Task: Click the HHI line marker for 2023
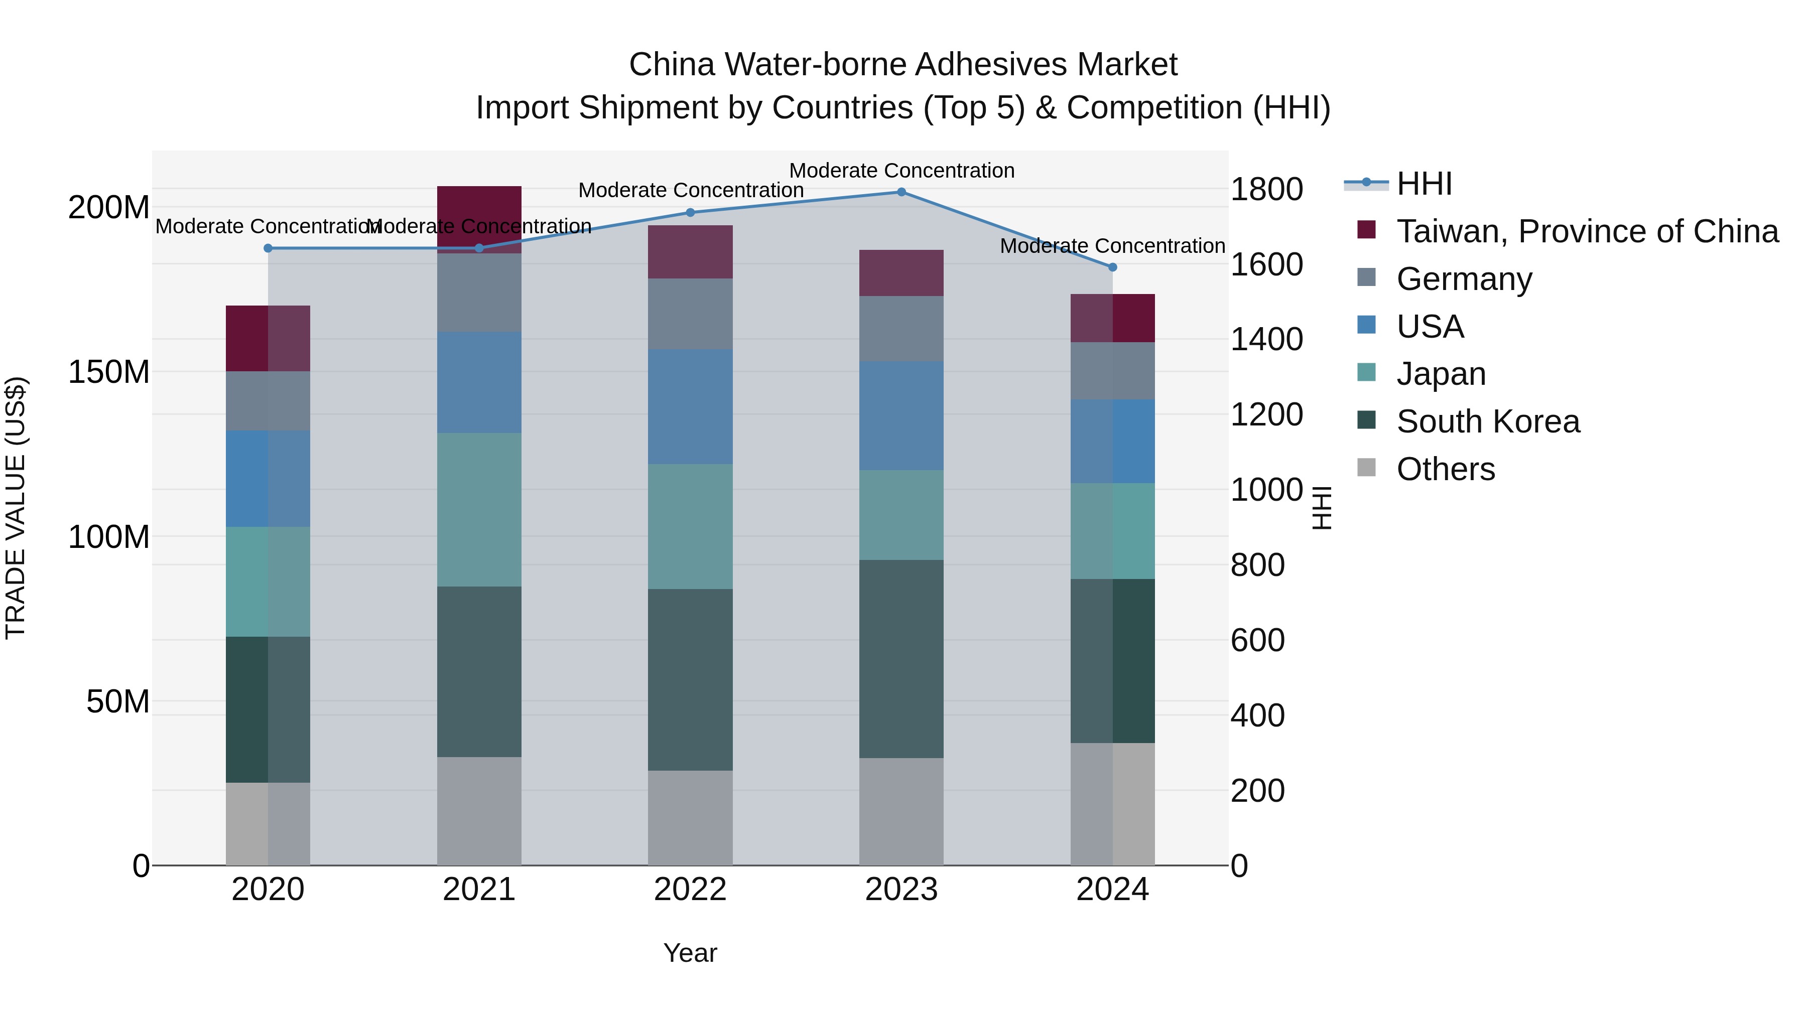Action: click(901, 192)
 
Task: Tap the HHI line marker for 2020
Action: click(268, 248)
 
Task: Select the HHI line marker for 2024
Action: click(1112, 267)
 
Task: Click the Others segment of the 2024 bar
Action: click(1112, 804)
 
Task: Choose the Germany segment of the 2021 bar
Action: click(479, 293)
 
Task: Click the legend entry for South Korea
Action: click(1487, 421)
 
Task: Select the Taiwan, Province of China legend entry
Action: click(1587, 231)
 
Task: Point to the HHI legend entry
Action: click(1424, 184)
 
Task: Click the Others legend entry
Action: click(1445, 469)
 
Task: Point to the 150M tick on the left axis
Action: click(109, 372)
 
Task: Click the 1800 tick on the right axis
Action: click(1267, 189)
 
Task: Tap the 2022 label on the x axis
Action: click(690, 890)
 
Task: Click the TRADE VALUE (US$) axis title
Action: click(16, 508)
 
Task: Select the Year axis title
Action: click(690, 953)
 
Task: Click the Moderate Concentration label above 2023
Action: click(901, 171)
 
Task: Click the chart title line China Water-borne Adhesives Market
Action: click(903, 65)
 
